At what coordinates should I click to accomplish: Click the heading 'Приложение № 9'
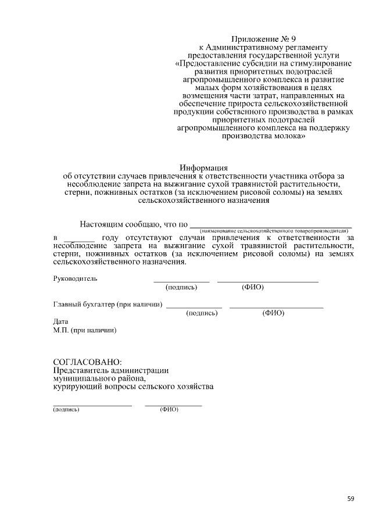pos(263,39)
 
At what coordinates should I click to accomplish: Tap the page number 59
pos(350,498)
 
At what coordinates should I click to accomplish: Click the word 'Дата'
pos(60,321)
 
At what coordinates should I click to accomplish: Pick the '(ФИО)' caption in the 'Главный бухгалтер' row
pos(273,313)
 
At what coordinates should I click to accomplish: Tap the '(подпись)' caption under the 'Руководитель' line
pos(181,287)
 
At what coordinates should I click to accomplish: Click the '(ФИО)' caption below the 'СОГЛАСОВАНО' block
pos(169,409)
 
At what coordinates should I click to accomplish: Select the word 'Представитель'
pos(81,370)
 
